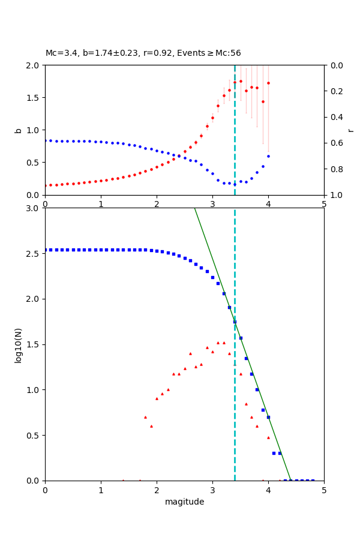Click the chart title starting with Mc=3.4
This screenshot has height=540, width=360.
(x=143, y=53)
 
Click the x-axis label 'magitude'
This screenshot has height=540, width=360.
(x=184, y=502)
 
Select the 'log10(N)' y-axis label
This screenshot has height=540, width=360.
(x=18, y=344)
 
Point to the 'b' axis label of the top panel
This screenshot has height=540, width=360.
(x=18, y=130)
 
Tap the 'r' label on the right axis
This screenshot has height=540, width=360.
(x=350, y=130)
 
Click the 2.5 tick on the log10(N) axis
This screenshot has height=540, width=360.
(x=34, y=253)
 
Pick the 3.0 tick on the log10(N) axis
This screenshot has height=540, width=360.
(x=34, y=208)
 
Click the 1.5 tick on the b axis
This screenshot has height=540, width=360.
(x=34, y=98)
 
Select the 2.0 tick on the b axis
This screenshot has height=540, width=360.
(x=34, y=65)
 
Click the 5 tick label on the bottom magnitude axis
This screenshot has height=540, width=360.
(x=324, y=490)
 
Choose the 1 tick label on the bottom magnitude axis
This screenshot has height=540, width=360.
(x=101, y=490)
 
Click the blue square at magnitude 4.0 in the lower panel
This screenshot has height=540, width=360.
(x=268, y=417)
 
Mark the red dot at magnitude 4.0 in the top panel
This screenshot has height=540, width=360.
(x=268, y=83)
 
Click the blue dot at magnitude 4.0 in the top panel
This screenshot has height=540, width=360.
(x=268, y=156)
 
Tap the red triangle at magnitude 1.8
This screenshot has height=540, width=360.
(x=145, y=417)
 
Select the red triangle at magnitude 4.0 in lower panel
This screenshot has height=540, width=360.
(x=268, y=437)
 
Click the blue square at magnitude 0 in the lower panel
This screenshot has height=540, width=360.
(x=45, y=250)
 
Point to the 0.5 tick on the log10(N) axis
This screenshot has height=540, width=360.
(x=34, y=435)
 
